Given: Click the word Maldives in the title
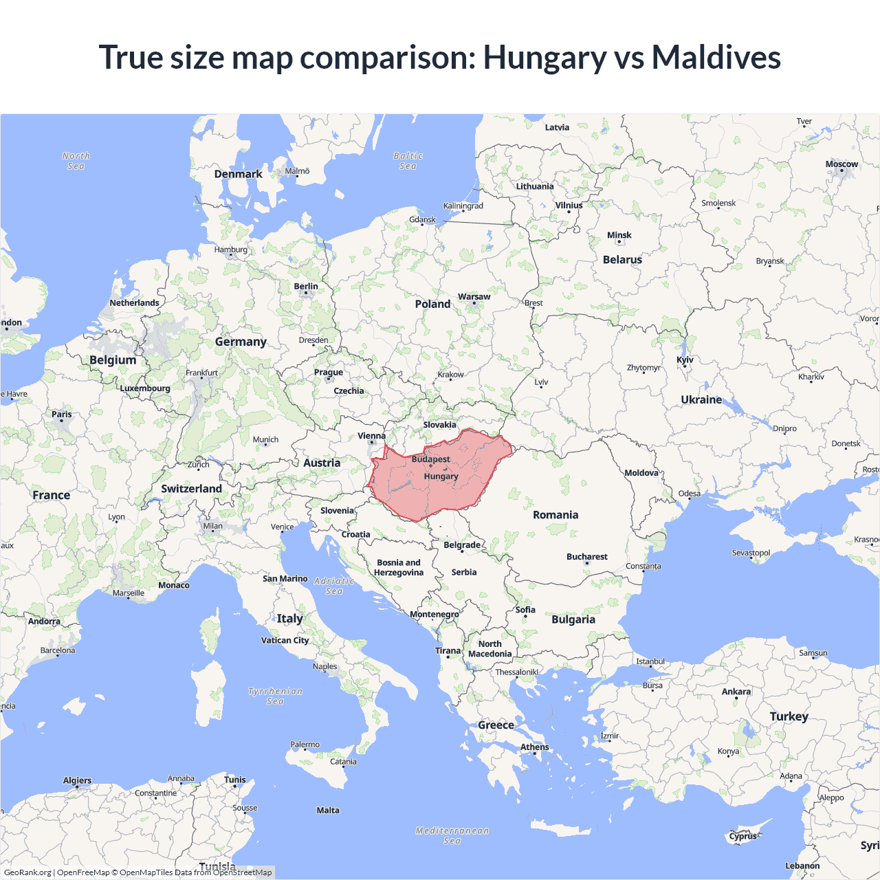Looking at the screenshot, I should coord(716,57).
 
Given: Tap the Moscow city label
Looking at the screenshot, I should coord(841,164).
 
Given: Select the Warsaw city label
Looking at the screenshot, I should coord(474,297).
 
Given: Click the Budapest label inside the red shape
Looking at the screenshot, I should coord(430,459).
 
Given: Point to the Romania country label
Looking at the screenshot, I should coord(555,515).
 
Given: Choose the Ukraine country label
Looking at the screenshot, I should coord(701,399).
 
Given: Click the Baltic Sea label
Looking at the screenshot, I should coord(408,161).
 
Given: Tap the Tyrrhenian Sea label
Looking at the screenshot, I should coord(275,696).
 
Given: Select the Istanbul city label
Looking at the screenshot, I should coord(650,661).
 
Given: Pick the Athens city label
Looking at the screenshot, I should coord(534,747).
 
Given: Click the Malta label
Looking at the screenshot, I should coord(328,811).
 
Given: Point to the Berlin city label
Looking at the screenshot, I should coord(306,286).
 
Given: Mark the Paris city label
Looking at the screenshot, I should coord(62,414).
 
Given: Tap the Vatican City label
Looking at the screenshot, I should coord(285,640).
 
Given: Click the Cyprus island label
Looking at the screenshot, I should coord(743,836).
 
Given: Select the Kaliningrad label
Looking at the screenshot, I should coord(463,206).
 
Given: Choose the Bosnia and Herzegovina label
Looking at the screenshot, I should coord(399,567).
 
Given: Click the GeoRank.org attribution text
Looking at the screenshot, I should coord(27,872).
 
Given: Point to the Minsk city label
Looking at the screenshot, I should coord(619,235).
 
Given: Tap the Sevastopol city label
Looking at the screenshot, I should coord(751,553).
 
